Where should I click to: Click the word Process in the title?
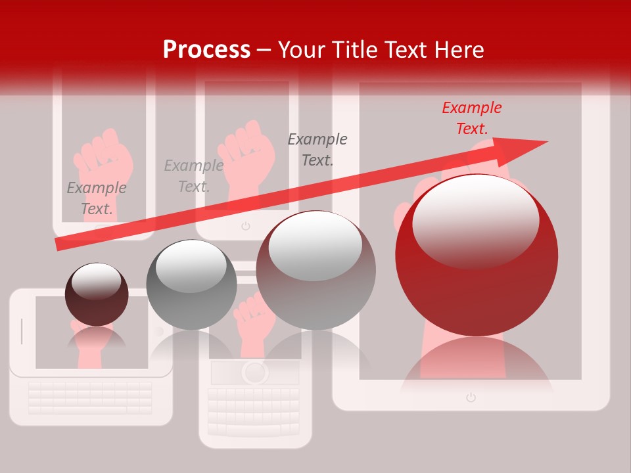(206, 50)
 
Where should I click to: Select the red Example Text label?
(471, 118)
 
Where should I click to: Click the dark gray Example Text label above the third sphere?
(317, 149)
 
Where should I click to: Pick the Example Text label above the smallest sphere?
(97, 198)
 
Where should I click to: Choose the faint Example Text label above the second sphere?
(193, 176)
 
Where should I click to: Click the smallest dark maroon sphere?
(97, 294)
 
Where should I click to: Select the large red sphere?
(477, 263)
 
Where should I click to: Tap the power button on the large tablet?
(471, 397)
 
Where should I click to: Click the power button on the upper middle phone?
(246, 226)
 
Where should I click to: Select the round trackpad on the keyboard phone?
(254, 372)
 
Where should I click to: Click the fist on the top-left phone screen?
(104, 161)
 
